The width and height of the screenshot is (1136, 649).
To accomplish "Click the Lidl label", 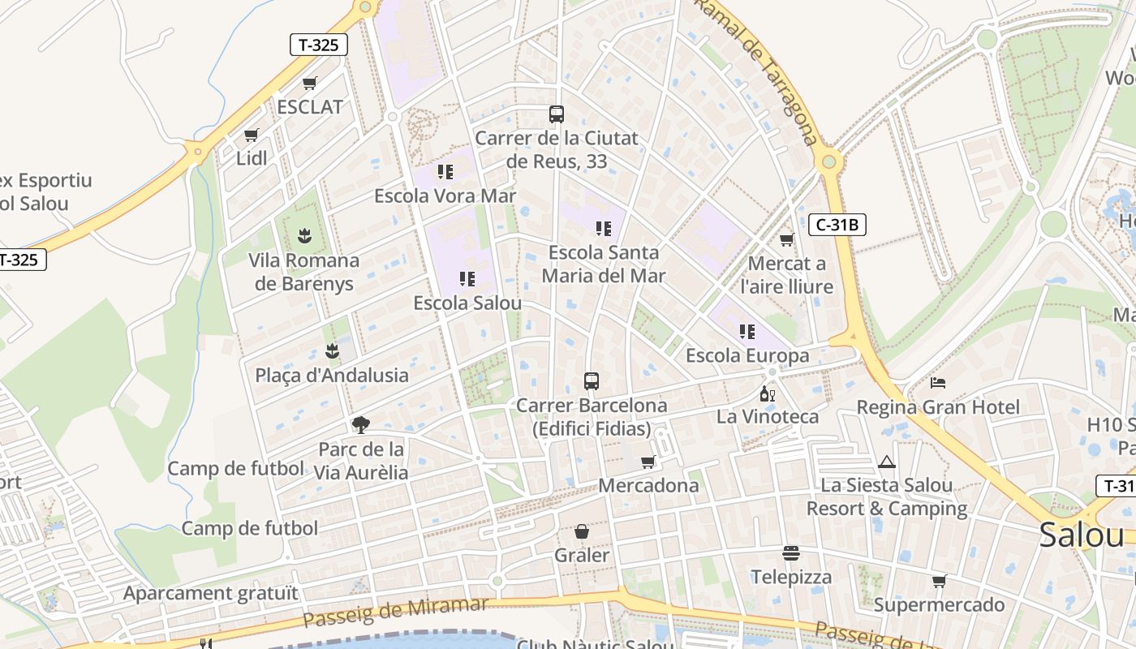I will click(x=252, y=158).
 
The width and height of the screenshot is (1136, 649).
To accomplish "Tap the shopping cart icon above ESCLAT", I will click(x=309, y=83).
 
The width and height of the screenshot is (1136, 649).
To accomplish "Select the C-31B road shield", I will click(x=837, y=225).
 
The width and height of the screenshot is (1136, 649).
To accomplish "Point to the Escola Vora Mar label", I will click(x=445, y=196).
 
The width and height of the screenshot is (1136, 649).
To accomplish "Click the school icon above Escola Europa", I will click(x=747, y=331).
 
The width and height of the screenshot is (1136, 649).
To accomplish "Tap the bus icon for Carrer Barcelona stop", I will click(x=592, y=381).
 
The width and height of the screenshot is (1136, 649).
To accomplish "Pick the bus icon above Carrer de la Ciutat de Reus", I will click(x=556, y=114).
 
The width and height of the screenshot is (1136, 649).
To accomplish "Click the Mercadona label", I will click(x=648, y=485).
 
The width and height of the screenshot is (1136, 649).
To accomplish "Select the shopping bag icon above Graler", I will click(x=582, y=532).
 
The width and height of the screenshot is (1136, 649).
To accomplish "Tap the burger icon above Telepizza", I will click(x=791, y=553).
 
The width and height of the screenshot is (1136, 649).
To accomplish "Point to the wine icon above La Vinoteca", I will click(x=767, y=394).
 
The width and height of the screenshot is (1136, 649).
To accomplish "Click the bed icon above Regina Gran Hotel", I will click(x=938, y=382).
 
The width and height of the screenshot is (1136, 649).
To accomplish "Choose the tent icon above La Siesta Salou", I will click(x=886, y=462).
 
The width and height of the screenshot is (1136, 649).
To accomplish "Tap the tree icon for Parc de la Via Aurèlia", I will click(x=361, y=424).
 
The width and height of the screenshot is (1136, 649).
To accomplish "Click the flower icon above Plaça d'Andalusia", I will click(x=332, y=351).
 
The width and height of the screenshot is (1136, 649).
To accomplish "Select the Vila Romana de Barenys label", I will click(x=304, y=272).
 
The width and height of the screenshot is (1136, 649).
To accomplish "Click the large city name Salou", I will click(x=1082, y=535).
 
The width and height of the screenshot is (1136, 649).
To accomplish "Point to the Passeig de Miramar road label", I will click(x=395, y=612).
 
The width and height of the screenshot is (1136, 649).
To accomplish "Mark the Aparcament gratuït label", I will click(x=210, y=593).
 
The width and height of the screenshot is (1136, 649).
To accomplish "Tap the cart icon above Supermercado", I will click(x=939, y=581).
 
